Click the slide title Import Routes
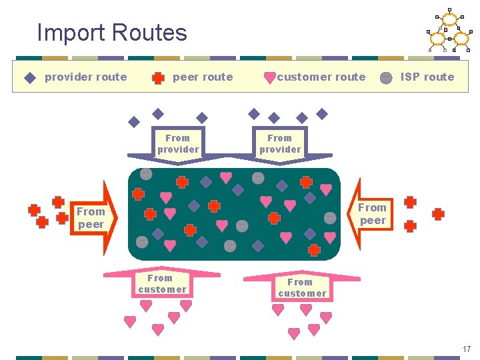112,32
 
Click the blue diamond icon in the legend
29,77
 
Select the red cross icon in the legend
158,77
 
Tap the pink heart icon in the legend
269,77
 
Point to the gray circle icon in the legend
386,77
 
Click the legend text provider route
85,77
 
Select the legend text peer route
203,77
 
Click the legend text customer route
321,77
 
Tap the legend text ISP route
427,77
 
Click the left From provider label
178,144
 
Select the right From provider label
280,144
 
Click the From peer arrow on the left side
92,217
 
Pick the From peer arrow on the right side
372,214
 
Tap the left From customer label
162,283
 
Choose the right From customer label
302,287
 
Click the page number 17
466,349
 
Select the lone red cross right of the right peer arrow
438,214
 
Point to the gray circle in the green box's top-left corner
146,174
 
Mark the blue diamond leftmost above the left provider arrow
134,122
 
